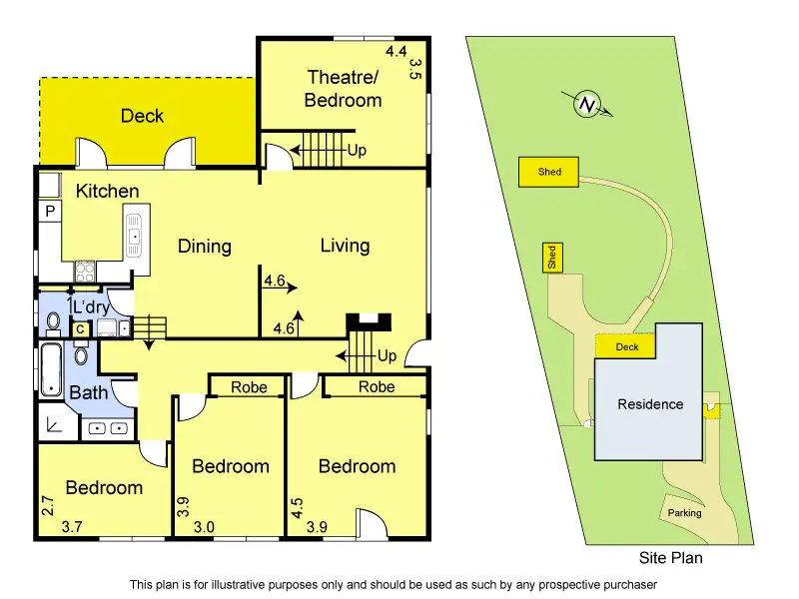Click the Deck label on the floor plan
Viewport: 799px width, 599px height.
142,116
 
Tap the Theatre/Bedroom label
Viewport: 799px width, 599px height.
344,89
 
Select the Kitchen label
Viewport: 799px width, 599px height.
108,191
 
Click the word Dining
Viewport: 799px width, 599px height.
205,247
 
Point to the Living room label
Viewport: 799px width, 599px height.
345,246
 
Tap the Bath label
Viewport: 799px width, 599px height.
88,392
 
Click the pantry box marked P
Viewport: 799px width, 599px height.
49,211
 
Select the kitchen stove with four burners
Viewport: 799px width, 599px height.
84,271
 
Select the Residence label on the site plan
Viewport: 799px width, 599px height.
650,404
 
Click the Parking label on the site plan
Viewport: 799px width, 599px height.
685,513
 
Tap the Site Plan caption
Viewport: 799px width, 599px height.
670,558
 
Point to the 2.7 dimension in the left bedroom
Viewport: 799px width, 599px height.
47,504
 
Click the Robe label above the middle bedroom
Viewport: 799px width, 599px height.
249,387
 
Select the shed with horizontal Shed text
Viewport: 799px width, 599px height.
549,172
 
